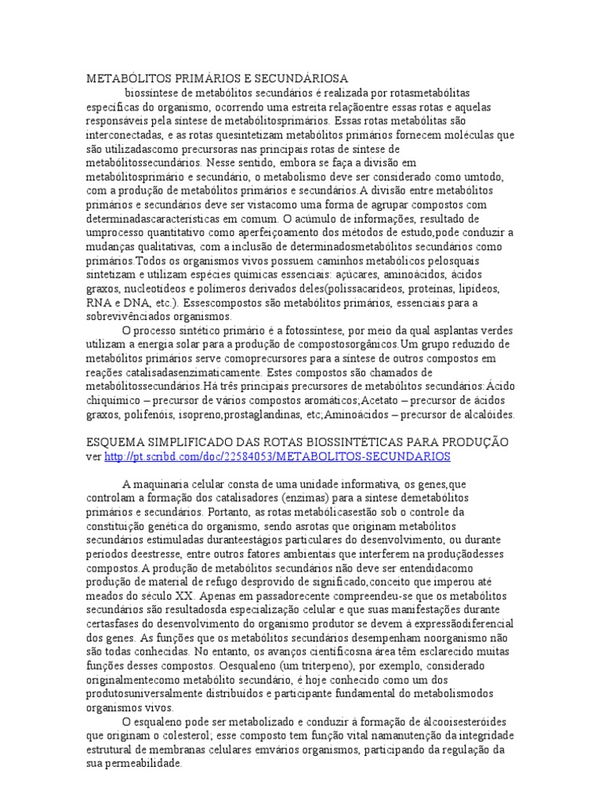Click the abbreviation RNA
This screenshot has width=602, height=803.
(98, 303)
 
